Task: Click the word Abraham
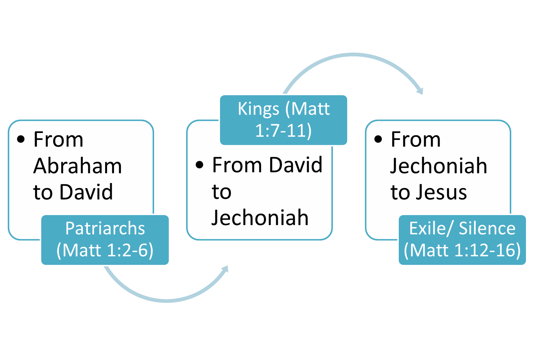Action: click(77, 166)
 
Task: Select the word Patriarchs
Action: click(105, 228)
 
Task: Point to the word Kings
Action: click(258, 109)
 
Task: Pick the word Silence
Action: click(487, 228)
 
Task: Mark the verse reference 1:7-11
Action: click(283, 131)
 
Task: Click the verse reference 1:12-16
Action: click(487, 250)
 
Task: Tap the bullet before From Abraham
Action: click(21, 139)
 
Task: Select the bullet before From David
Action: click(200, 165)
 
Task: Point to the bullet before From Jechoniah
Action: click(378, 139)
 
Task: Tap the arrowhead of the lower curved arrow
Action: click(225, 269)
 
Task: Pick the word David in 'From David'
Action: click(296, 165)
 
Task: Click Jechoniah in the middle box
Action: click(260, 218)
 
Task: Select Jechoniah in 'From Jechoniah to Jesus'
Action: click(439, 166)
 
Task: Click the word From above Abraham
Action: click(58, 140)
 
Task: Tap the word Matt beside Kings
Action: click(311, 109)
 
